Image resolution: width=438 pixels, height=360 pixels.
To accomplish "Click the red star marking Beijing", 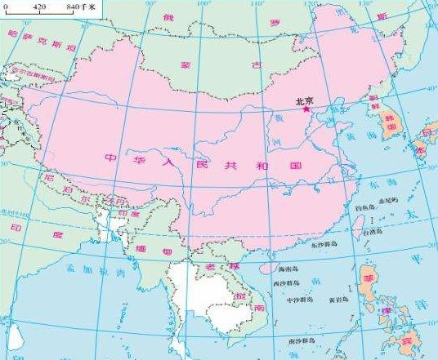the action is pos(306,108).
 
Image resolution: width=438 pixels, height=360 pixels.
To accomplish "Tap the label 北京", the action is pos(304,100).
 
